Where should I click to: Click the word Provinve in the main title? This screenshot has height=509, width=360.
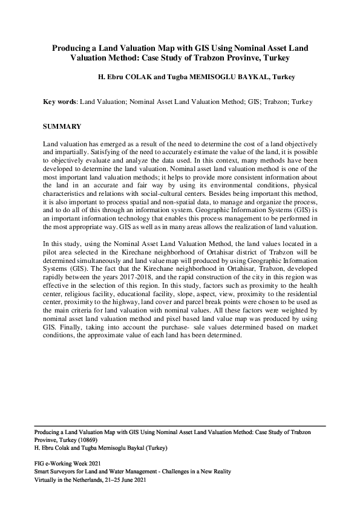[250, 59]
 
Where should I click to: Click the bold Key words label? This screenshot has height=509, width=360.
[60, 102]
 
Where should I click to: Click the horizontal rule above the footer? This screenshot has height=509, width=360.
[180, 426]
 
